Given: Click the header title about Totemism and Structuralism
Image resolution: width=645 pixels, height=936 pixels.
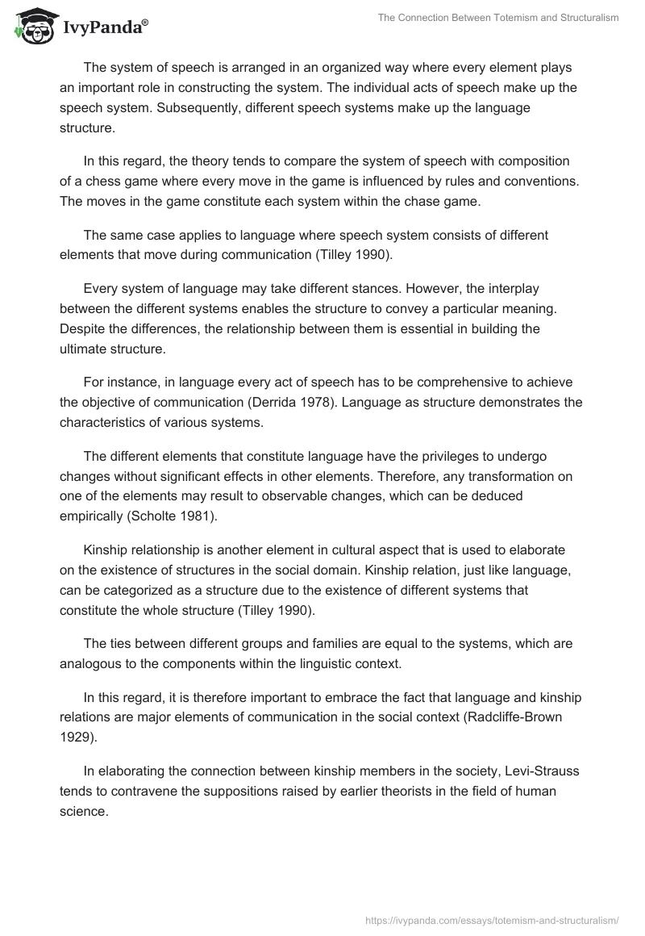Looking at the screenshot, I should [x=498, y=18].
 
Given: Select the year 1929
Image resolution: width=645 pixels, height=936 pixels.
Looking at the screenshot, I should [x=74, y=734].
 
